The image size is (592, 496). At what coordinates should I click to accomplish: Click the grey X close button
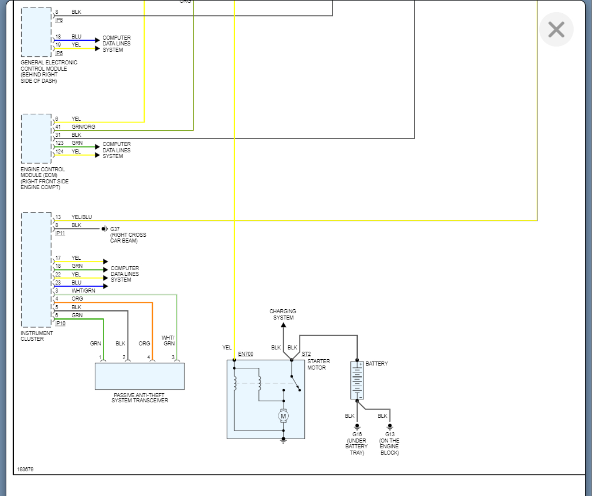[556, 29]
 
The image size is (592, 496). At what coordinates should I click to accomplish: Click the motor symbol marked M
[283, 415]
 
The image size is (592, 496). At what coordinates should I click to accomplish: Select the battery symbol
[357, 380]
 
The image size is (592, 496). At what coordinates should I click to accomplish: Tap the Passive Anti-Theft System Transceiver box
[140, 376]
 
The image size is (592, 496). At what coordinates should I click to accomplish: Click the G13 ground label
[390, 435]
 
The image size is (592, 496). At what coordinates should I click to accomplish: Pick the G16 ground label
[357, 435]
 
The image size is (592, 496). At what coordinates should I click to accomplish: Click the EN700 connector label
[246, 354]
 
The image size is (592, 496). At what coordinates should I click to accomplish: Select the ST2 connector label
[306, 354]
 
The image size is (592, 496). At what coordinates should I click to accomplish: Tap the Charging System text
[283, 314]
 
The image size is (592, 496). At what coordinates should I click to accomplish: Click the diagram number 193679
[25, 470]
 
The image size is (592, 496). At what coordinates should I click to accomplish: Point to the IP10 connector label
[60, 324]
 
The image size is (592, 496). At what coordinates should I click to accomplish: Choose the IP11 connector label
[60, 233]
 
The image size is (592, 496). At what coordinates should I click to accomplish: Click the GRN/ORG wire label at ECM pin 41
[83, 127]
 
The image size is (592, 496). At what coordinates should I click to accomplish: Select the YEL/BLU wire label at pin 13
[82, 217]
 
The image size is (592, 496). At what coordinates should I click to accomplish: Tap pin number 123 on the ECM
[60, 143]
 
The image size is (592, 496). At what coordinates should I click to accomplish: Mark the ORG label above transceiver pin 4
[144, 344]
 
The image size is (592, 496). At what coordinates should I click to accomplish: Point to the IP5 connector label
[59, 53]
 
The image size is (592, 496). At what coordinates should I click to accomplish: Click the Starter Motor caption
[319, 364]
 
